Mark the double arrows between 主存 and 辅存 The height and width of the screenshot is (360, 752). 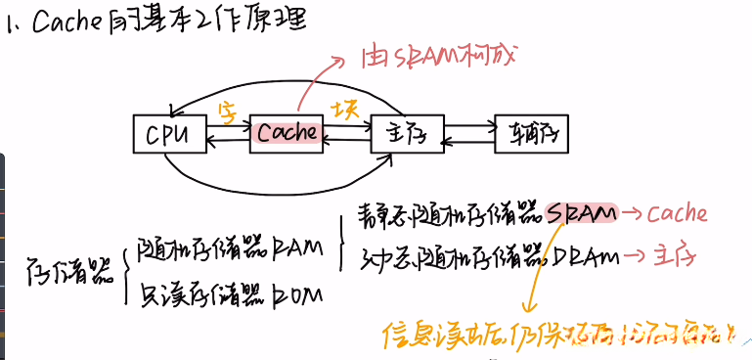(469, 134)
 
